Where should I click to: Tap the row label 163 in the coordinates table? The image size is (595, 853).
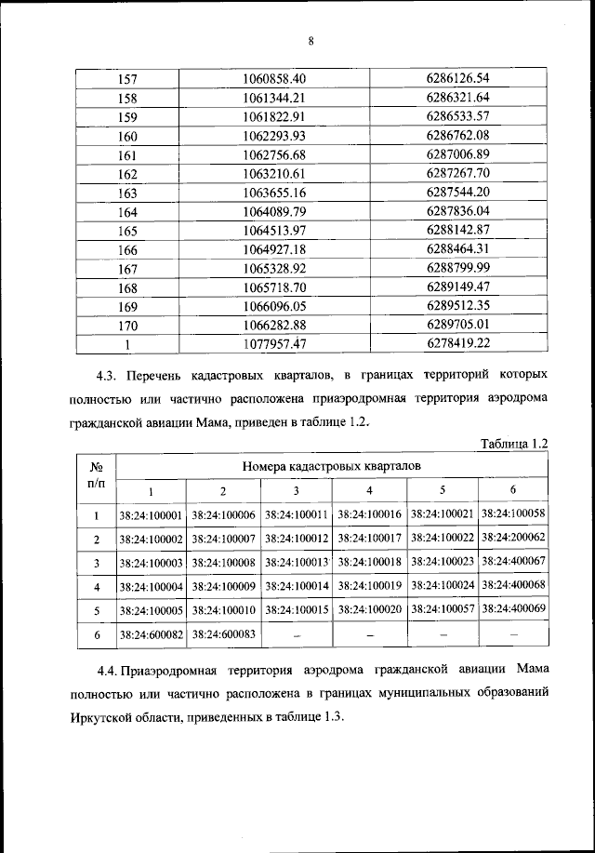[x=128, y=193]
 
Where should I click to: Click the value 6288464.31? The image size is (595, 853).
[x=457, y=250]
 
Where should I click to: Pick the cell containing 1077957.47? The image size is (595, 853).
[x=273, y=343]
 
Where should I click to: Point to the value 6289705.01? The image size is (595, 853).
[x=457, y=324]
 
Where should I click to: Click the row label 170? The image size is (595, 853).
[x=128, y=325]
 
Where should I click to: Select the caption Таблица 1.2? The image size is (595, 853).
[x=509, y=444]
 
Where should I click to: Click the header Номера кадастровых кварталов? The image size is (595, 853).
[x=332, y=464]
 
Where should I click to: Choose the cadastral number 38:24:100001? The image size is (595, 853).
[x=150, y=514]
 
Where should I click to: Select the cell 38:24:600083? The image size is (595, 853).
[x=223, y=633]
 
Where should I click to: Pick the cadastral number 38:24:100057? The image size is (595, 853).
[x=443, y=610]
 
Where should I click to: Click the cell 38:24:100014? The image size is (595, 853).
[x=297, y=586]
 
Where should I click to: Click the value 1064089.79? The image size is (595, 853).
[x=273, y=213]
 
